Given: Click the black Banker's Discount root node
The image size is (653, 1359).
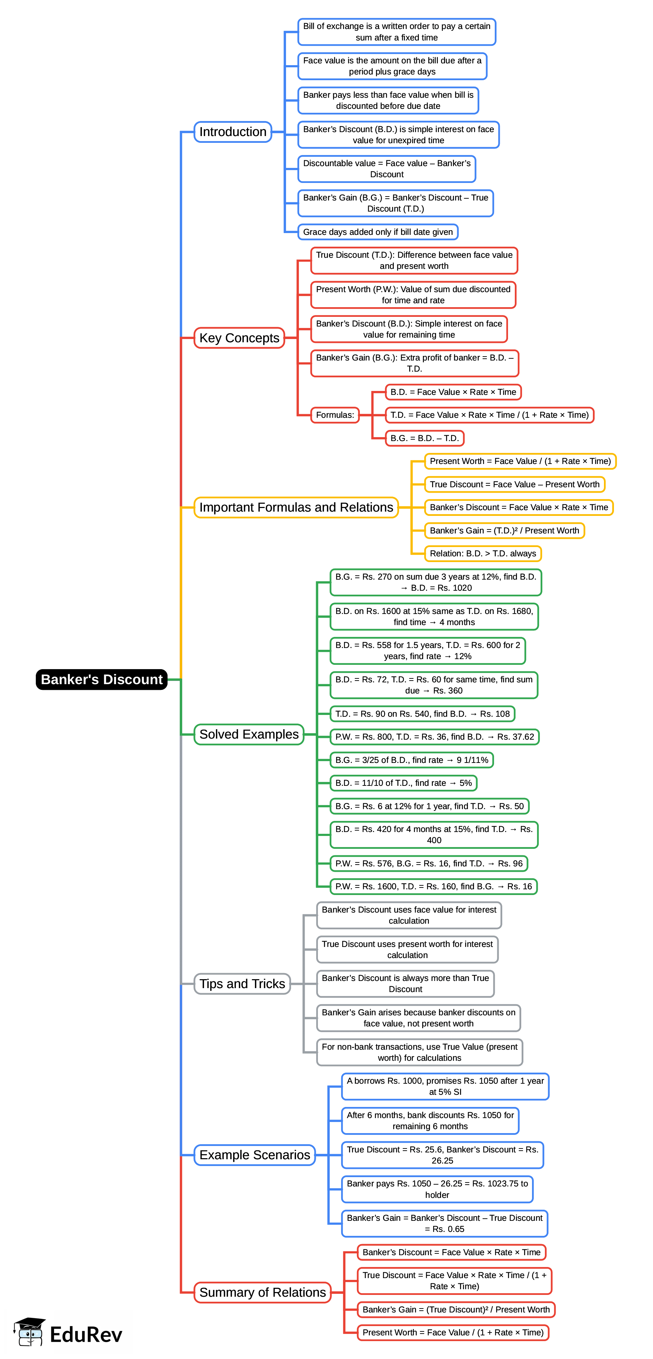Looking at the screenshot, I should coord(101,679).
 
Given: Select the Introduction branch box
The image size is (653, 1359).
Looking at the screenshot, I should coord(233,132).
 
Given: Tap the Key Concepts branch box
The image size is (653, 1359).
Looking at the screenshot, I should coord(239,338).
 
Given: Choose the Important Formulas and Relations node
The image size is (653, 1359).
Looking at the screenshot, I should coord(296,508).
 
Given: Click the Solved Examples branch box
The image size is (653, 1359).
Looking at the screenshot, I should coord(248,734).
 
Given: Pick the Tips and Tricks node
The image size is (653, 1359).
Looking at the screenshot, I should coord(242,984).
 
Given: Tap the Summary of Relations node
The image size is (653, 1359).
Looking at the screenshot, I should coord(262,1292).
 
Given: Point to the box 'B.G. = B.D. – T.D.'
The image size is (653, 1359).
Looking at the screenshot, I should coord(424,439).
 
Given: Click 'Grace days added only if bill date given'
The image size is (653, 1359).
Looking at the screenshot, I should coord(378,232).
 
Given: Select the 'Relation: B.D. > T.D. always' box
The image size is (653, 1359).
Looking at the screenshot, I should coord(482,553).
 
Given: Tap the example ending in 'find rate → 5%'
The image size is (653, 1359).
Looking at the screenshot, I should coord(403,783).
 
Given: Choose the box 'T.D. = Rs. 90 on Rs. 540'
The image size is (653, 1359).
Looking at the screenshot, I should coord(422,714).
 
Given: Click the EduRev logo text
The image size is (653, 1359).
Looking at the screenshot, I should coord(86,1335).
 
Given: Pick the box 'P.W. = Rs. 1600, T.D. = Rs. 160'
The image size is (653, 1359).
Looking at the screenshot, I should coord(433,886).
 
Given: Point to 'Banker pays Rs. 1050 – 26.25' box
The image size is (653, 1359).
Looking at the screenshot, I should coord(437,1189).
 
